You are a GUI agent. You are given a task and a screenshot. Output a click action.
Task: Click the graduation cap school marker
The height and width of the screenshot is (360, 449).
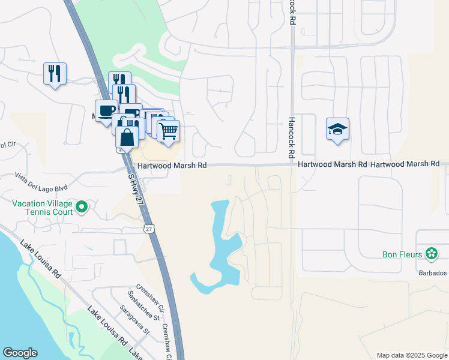click(x=337, y=129)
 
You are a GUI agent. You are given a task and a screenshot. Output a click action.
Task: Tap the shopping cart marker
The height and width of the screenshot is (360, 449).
click(x=169, y=130)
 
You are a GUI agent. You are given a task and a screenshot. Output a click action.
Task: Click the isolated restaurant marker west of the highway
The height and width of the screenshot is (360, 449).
click(x=55, y=74)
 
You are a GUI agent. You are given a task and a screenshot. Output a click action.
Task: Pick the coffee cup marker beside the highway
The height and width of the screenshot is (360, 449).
click(x=106, y=111)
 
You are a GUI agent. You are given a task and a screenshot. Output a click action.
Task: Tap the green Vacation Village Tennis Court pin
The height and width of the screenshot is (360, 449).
click(x=82, y=208)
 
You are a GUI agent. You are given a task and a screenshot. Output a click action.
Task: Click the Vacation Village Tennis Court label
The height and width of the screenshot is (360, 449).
click(x=43, y=208)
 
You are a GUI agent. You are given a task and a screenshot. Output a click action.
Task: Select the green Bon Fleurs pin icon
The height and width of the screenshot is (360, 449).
click(x=431, y=254)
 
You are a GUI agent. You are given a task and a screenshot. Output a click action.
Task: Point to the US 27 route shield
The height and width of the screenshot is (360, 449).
click(x=149, y=229)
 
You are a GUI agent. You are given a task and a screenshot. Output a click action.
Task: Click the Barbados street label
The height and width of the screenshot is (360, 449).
click(x=434, y=273)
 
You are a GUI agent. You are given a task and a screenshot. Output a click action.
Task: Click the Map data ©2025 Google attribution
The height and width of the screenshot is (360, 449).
click(x=411, y=355)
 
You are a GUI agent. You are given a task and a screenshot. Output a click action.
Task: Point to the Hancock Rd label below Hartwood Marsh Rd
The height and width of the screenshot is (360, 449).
click(x=291, y=137)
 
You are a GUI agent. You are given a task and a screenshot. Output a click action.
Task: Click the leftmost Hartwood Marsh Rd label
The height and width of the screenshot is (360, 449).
click(x=172, y=165)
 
